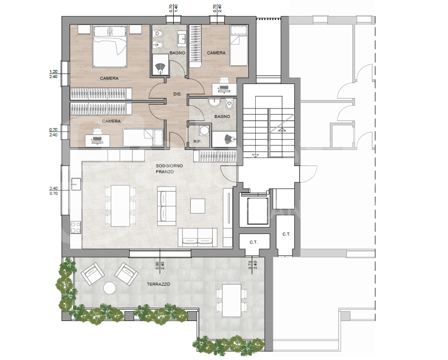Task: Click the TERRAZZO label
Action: tap(158, 284)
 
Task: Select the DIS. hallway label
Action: tap(177, 94)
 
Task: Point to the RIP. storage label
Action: tap(197, 141)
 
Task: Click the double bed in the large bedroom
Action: tap(110, 46)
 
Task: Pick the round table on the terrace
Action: tap(110, 288)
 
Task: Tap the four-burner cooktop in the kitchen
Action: tap(76, 227)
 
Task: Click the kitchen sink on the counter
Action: tap(76, 184)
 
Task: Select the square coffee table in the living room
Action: tap(198, 206)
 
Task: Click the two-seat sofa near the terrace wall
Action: tap(197, 237)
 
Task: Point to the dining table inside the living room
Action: tap(120, 205)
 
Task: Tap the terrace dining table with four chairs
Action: tap(232, 300)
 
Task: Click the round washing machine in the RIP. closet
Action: tap(204, 130)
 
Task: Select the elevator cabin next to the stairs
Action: tap(257, 210)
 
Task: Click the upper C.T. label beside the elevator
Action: tap(286, 234)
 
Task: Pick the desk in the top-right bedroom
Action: tap(224, 89)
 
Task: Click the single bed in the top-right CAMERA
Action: tap(239, 45)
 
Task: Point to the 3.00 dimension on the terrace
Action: tap(157, 266)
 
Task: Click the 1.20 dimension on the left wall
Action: tap(54, 71)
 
